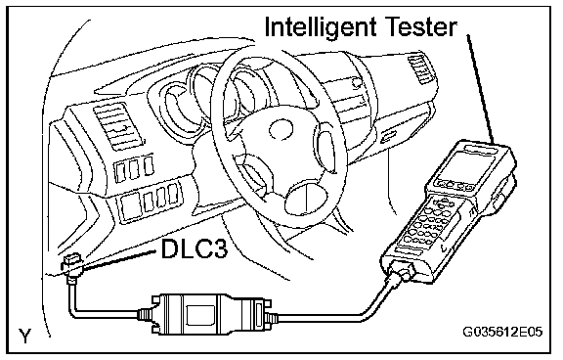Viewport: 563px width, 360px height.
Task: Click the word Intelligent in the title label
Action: pos(321,27)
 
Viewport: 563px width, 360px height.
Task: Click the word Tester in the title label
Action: pos(421,26)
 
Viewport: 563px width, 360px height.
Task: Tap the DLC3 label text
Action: pos(195,248)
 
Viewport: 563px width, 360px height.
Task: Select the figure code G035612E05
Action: pos(502,333)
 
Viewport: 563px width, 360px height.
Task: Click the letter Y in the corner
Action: pos(24,337)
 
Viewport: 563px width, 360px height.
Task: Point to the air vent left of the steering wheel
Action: pos(116,126)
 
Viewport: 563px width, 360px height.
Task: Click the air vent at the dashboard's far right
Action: pos(420,69)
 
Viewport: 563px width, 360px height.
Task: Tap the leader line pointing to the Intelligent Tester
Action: pos(481,89)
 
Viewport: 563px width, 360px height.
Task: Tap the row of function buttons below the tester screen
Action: pos(454,186)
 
